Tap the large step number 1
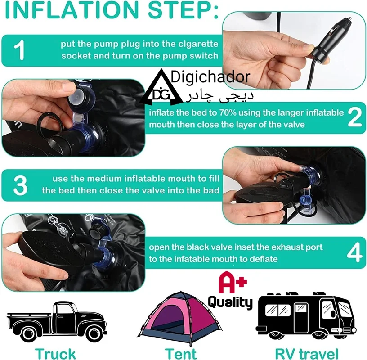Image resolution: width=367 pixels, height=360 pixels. (x=19, y=50)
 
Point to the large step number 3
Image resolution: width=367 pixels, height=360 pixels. (x=21, y=185)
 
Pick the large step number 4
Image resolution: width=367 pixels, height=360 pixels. (x=355, y=253)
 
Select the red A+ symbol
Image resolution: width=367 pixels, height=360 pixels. (x=233, y=282)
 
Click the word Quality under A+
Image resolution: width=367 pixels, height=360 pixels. (x=230, y=302)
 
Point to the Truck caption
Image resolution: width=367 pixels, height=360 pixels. (x=55, y=353)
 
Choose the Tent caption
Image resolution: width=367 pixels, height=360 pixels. (x=181, y=353)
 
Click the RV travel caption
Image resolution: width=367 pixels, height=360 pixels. (x=307, y=353)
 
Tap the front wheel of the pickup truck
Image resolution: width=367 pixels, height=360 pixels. (x=94, y=333)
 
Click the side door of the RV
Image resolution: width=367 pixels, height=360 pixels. (x=301, y=318)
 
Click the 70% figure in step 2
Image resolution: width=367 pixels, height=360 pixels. (x=228, y=113)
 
